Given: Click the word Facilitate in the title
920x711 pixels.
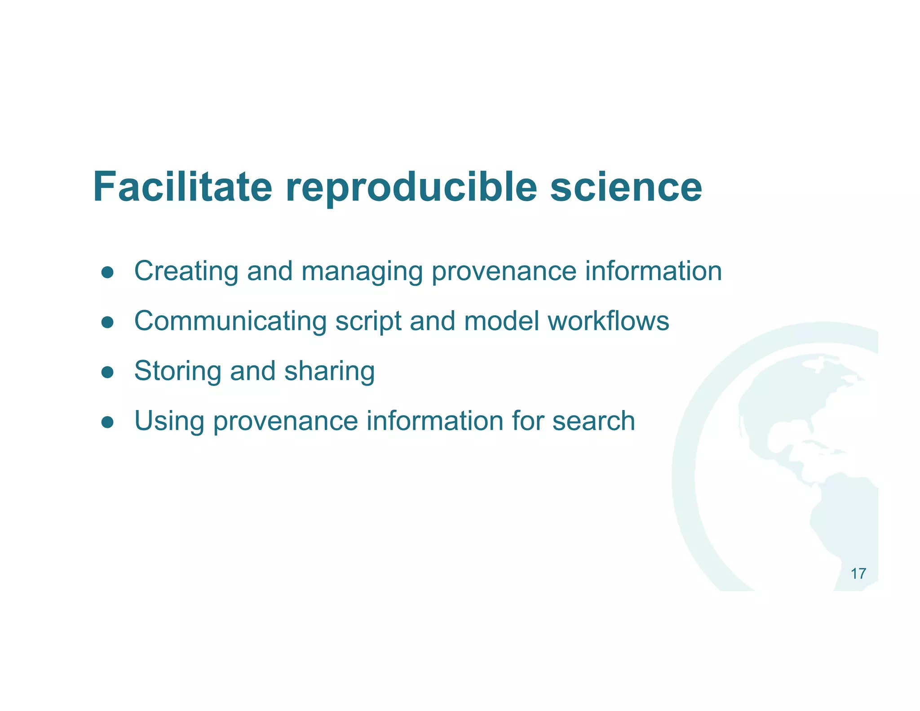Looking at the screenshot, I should pos(182,187).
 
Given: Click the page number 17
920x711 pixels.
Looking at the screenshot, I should pos(858,574).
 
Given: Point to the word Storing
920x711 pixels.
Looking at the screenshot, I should pos(178,372).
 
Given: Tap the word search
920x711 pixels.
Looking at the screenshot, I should pos(593,421).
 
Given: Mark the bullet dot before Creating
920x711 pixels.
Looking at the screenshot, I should pos(107,272).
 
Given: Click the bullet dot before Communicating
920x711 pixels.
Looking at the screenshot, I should pos(107,322).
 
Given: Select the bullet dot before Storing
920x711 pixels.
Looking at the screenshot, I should pos(107,372).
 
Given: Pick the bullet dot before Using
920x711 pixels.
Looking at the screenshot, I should pos(107,422).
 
